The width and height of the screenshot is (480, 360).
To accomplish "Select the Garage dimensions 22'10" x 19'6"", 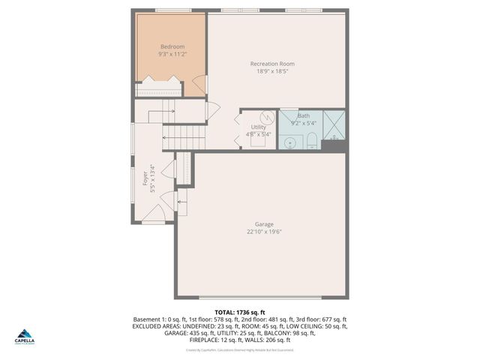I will click(263, 232).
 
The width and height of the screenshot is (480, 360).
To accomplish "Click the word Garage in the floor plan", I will click(263, 224).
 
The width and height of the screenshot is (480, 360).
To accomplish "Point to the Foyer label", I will click(145, 178).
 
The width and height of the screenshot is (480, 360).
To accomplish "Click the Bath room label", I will click(303, 115).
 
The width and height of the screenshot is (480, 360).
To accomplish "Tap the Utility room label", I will click(258, 128).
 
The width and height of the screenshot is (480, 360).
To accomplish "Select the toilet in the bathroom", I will click(310, 140).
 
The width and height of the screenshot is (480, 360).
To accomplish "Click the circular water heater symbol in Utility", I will click(265, 118).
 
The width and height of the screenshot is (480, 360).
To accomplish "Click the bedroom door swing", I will click(196, 85).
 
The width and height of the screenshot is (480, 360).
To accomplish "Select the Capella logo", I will click(25, 337).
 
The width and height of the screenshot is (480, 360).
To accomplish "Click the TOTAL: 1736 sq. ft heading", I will click(240, 312).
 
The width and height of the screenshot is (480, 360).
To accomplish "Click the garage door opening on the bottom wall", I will click(262, 298).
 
